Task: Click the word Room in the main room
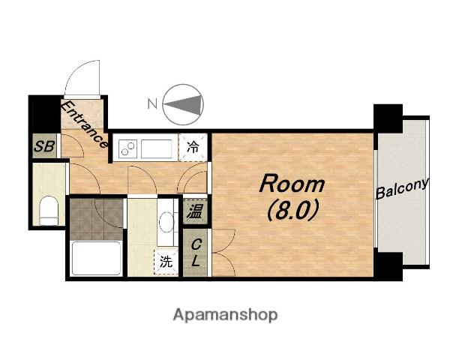pyautogui.click(x=292, y=184)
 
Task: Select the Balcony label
pyautogui.click(x=402, y=188)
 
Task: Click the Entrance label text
pyautogui.click(x=84, y=124)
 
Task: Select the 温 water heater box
pyautogui.click(x=194, y=211)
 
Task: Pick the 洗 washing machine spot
pyautogui.click(x=164, y=262)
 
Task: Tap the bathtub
pyautogui.click(x=96, y=259)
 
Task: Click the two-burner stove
pyautogui.click(x=126, y=147)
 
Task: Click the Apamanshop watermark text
pyautogui.click(x=225, y=314)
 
